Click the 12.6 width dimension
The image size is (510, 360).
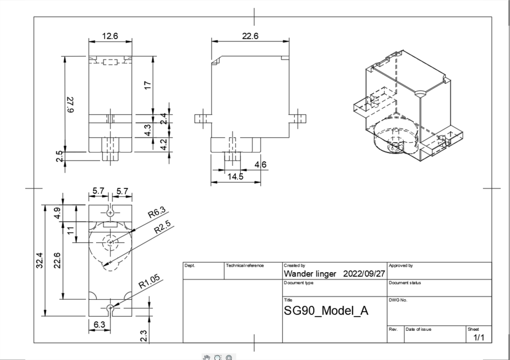[110, 36]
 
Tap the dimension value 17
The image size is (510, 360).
[148, 85]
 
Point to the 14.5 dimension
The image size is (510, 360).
[235, 177]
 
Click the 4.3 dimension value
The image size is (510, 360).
[147, 130]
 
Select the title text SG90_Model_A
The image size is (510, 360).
[326, 310]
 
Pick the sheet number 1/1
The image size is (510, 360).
[479, 337]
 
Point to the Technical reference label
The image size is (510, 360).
[245, 264]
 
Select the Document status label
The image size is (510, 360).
[404, 282]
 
